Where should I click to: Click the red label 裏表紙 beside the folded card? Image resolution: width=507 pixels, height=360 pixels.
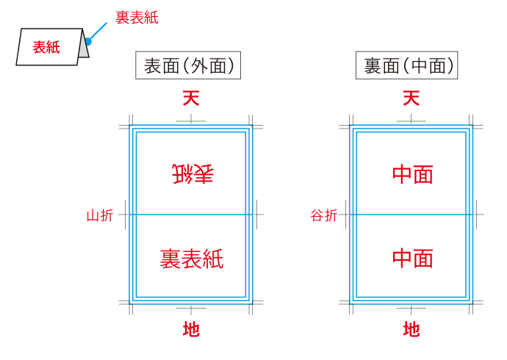tap(137, 17)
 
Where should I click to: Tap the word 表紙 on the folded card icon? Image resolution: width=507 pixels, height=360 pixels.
tap(46, 48)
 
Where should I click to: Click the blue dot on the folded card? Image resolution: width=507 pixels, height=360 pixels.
tap(87, 41)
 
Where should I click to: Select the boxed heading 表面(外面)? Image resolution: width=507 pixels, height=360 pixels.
tap(189, 66)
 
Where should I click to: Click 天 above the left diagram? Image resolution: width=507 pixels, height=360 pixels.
tap(191, 98)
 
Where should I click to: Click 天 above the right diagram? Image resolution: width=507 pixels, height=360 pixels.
tap(411, 98)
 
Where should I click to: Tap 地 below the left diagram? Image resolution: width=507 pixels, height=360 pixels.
tap(191, 329)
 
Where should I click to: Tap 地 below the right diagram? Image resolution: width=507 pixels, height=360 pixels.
tap(411, 329)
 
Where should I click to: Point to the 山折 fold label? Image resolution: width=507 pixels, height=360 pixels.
tap(100, 215)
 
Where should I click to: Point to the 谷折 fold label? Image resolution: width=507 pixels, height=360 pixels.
tap(324, 215)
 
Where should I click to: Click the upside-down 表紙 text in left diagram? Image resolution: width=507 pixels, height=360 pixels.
tap(192, 174)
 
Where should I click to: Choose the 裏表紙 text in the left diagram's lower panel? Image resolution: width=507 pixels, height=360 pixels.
tap(192, 258)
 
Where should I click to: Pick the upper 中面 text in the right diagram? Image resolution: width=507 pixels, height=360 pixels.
tap(412, 174)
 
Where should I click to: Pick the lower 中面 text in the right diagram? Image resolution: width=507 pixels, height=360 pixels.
tap(412, 258)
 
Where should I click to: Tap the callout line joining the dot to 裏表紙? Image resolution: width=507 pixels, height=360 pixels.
tap(98, 31)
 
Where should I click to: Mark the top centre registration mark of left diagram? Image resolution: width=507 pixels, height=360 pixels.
tap(191, 120)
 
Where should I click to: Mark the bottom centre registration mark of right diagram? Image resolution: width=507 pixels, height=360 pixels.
tap(411, 309)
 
